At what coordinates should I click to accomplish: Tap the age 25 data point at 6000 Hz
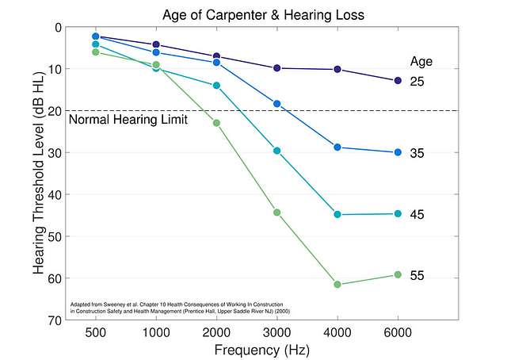(398, 81)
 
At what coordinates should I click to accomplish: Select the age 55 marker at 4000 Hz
(337, 284)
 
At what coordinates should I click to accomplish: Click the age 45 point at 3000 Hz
(277, 151)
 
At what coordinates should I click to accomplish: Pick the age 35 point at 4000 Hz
(337, 147)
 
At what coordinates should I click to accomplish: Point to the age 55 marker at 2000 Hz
(216, 123)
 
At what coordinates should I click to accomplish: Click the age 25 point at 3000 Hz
(277, 68)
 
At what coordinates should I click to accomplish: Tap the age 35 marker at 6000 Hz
(398, 152)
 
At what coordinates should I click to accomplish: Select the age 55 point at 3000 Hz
(277, 213)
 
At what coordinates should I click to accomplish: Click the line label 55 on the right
(417, 276)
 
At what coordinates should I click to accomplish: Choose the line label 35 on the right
(417, 153)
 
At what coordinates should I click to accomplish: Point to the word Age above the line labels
(421, 61)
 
